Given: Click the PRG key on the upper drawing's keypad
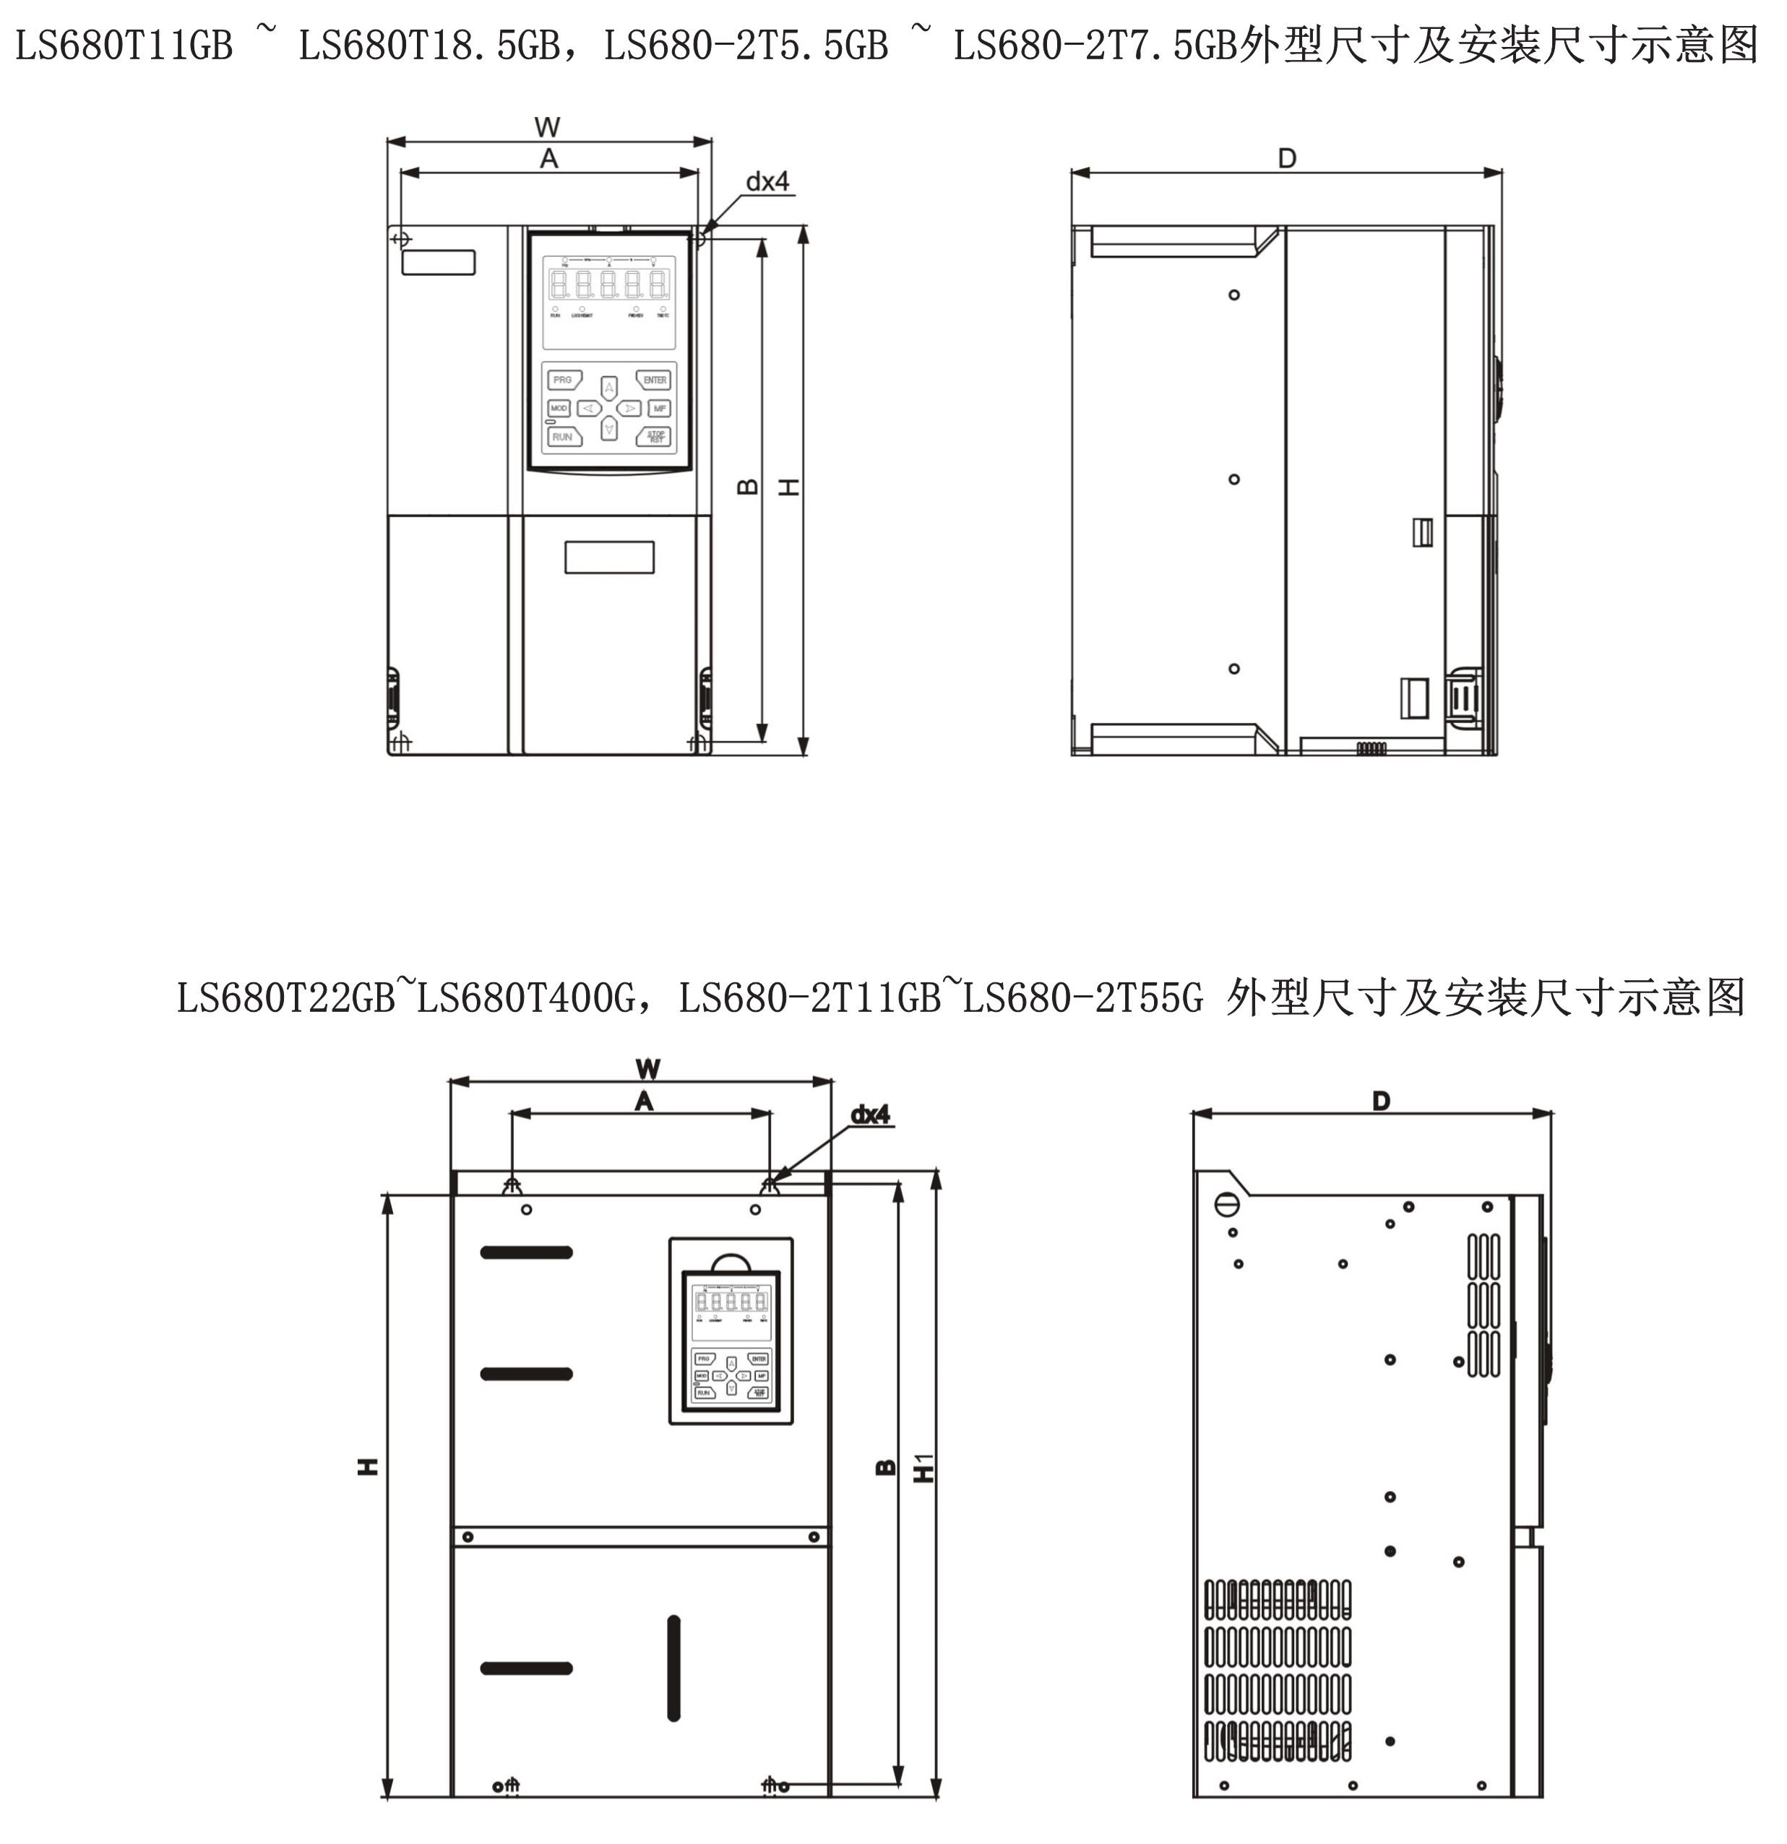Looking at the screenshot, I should coord(563,380).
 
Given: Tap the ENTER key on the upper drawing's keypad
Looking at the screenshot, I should coord(655,380).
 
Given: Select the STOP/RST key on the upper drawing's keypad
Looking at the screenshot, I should coord(655,436).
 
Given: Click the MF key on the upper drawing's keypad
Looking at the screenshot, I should coord(660,408).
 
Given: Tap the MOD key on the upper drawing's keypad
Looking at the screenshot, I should coord(559,408).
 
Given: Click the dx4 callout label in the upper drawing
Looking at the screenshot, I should coord(768,181).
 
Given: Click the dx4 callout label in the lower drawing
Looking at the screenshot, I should coord(871,1115).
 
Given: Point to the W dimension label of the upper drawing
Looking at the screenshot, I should coord(547,127).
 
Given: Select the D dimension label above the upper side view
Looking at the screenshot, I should coord(1286,158).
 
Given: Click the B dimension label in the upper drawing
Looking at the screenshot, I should coord(747,486).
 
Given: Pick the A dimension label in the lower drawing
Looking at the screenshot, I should coord(644,1101).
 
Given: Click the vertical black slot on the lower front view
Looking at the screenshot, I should coord(673,1668).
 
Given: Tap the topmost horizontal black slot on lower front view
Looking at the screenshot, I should coord(526,1252).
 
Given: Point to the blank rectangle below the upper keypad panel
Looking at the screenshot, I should coord(609,557).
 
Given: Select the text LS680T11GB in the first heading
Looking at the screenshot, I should coord(124,46).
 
